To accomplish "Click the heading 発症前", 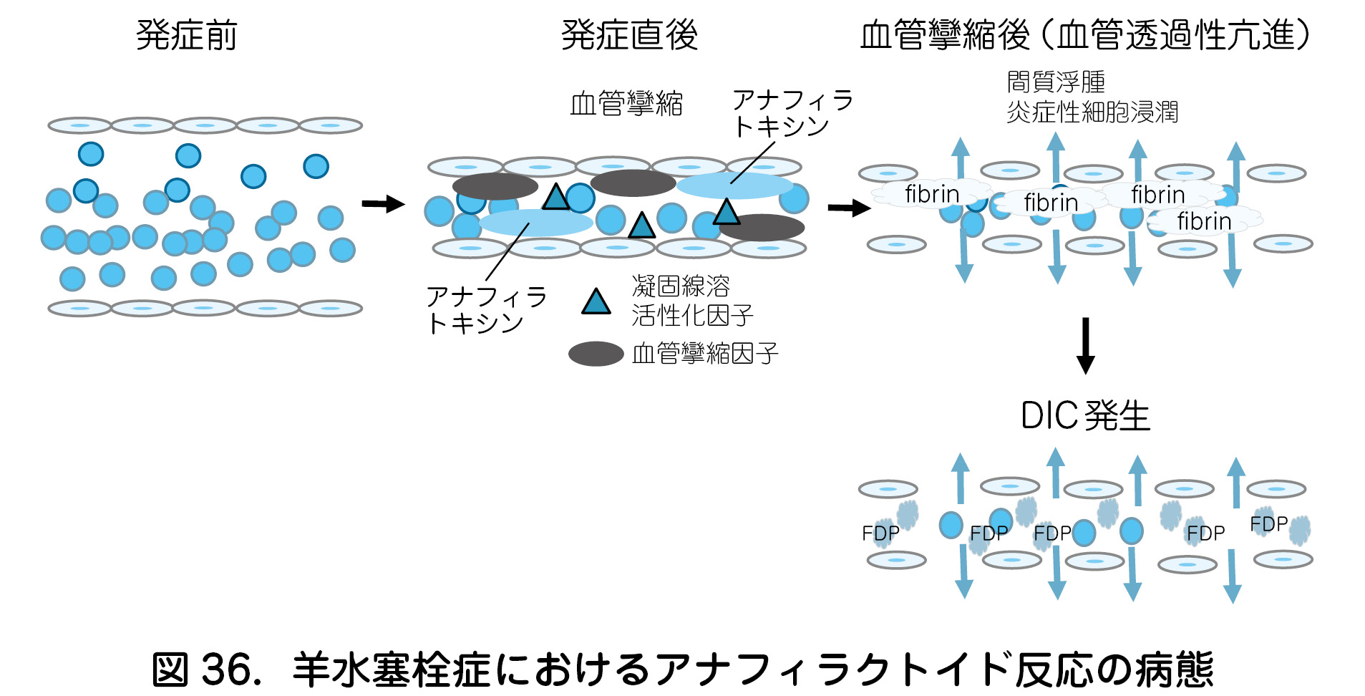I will pos(186,35).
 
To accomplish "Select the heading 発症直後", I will pos(629,35).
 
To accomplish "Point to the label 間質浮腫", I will pos(1056,82).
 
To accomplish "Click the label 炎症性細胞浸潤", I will pos(1092,112).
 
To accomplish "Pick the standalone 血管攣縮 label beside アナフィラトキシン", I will pos(626,104).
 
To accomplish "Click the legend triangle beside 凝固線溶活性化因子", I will pos(596,302).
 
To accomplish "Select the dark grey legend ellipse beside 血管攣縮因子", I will pos(596,354).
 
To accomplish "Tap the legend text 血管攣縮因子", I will pos(705,354).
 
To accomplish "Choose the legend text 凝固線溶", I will pos(681,286).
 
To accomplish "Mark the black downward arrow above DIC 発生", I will pos(1085,345).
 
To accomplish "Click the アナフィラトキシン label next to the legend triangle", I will pos(487,310).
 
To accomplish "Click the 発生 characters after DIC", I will pos(1117,416).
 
